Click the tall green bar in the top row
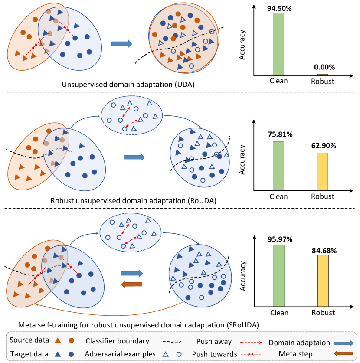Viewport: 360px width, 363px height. [x=278, y=45]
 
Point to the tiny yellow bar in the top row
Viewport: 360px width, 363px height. [x=322, y=75]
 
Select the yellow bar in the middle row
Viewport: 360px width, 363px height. [x=322, y=171]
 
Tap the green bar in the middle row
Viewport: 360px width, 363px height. [x=278, y=166]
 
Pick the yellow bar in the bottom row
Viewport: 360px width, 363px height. [x=323, y=281]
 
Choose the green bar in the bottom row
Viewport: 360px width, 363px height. [x=279, y=275]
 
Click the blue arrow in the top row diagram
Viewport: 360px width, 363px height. [x=121, y=43]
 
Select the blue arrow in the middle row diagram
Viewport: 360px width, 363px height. [x=134, y=157]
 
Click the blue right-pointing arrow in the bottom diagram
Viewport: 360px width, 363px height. [x=131, y=273]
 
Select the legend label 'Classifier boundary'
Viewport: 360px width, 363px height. [x=117, y=341]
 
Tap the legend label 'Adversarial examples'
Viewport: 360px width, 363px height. [x=120, y=354]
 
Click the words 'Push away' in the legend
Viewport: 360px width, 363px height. [x=214, y=341]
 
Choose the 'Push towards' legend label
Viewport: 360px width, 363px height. [x=214, y=354]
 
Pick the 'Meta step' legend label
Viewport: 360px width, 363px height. [x=295, y=354]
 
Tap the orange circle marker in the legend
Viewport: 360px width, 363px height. [x=71, y=340]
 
